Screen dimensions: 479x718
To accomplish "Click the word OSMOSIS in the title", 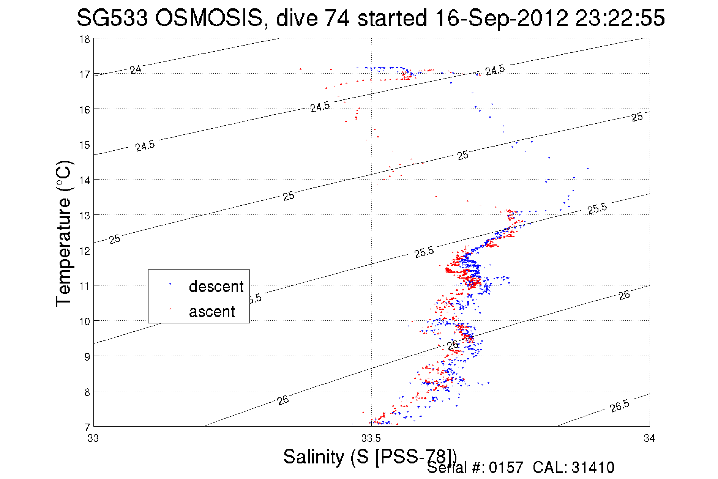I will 208,18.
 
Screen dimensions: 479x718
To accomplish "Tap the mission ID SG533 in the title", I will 112,18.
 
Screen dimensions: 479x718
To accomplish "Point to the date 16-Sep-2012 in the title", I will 501,18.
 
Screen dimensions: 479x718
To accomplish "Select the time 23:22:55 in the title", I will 620,18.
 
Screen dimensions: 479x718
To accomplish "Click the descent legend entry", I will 216,286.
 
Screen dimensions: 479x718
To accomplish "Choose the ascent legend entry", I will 212,312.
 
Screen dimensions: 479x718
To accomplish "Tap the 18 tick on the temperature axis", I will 84,39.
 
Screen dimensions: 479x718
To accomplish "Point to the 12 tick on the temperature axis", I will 84,251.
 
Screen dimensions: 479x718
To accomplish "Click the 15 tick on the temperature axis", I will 84,145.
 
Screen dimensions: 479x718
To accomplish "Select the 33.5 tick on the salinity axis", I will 371,438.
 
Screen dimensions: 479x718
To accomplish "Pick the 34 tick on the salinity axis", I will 649,438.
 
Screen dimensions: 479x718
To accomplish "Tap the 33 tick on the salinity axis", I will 93,438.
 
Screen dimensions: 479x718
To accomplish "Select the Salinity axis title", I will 369,456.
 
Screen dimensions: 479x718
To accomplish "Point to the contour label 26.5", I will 620,406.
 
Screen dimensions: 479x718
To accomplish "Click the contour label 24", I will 136,69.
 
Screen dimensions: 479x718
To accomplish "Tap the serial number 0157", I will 506,468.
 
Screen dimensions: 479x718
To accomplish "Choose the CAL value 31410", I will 592,468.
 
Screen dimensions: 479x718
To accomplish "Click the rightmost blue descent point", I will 588,168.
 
